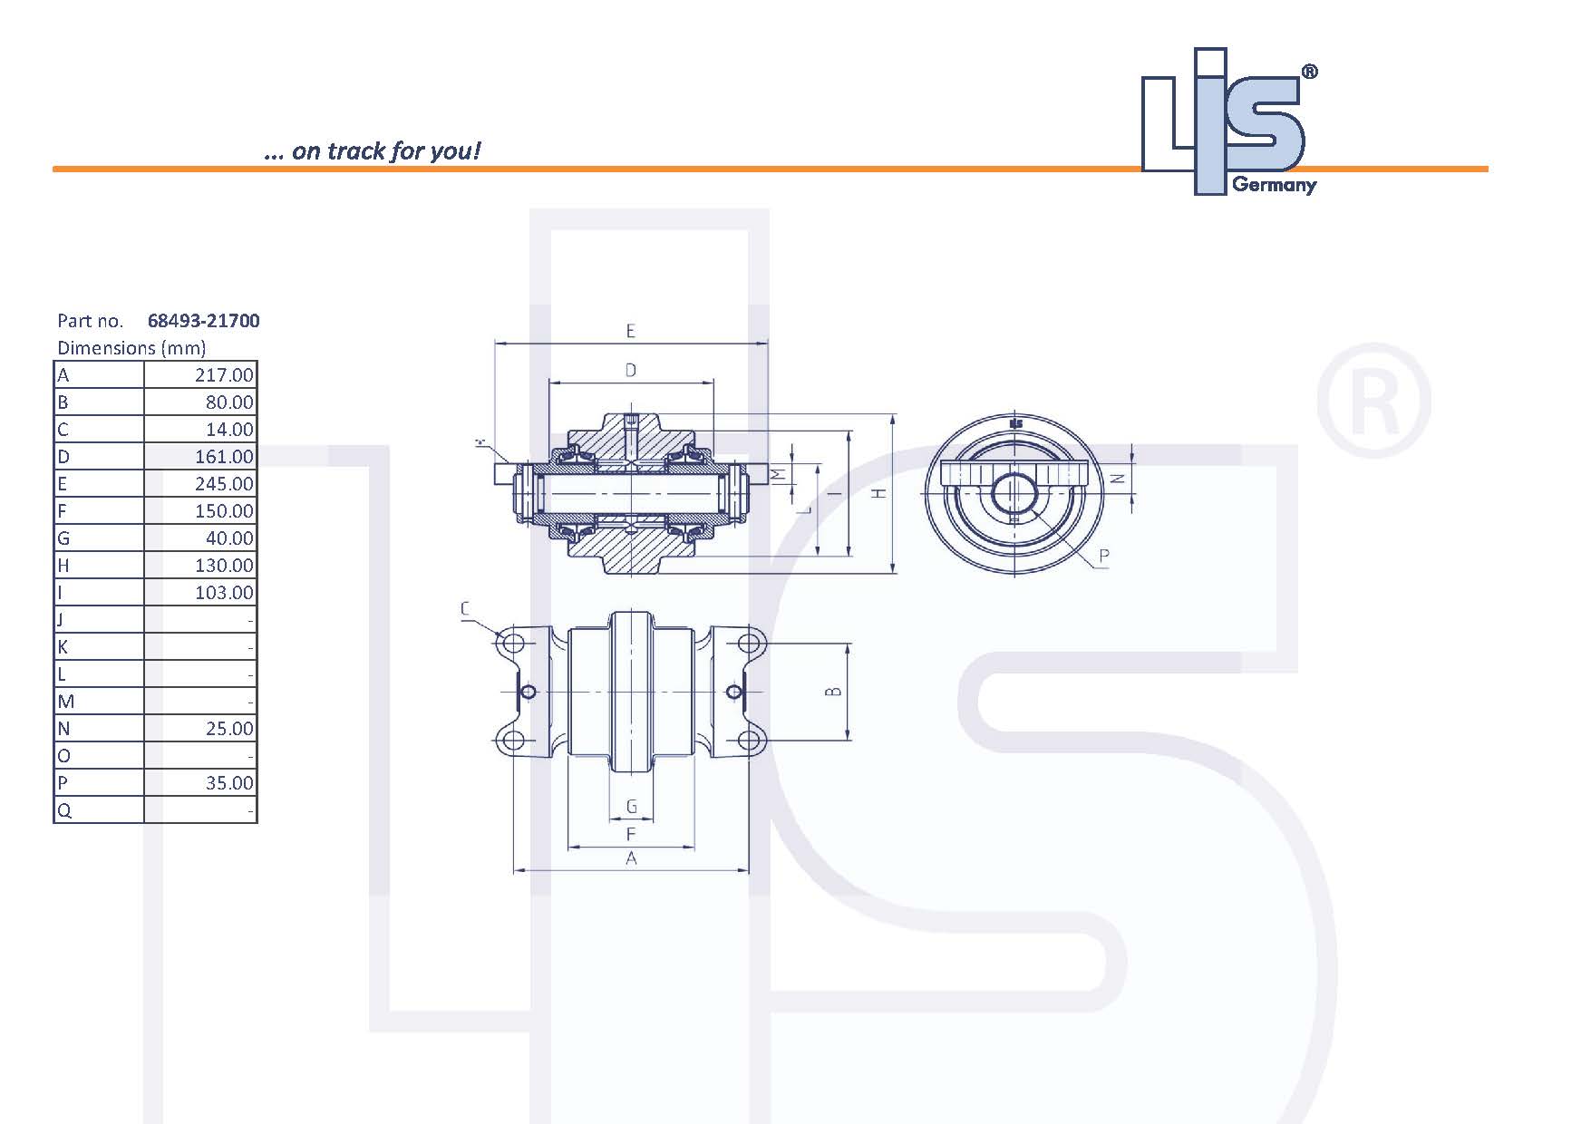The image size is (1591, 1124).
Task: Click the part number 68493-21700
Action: pyautogui.click(x=203, y=321)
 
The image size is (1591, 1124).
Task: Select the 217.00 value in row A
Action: pyautogui.click(x=224, y=375)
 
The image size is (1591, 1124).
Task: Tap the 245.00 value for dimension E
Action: pyautogui.click(x=224, y=484)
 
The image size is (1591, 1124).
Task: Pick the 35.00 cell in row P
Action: pyautogui.click(x=229, y=783)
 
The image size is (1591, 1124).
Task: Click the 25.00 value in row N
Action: pyautogui.click(x=229, y=729)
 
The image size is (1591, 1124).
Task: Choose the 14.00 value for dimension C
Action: pyautogui.click(x=229, y=430)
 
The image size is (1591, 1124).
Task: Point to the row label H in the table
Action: pyautogui.click(x=63, y=566)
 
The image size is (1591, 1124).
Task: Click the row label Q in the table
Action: pyautogui.click(x=63, y=810)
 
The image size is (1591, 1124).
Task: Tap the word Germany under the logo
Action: pyautogui.click(x=1274, y=185)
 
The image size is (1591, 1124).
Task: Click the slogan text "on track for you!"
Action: pyautogui.click(x=385, y=150)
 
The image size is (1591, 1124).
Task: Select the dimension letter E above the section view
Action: pyautogui.click(x=631, y=332)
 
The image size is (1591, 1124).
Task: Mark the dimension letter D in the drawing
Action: pyautogui.click(x=631, y=370)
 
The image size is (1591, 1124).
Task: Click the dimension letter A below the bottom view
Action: pyautogui.click(x=631, y=858)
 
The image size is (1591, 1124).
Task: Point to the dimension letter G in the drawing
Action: pyautogui.click(x=632, y=807)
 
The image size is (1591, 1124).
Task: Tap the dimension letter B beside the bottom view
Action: pyautogui.click(x=834, y=692)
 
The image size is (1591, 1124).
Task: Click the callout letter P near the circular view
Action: pyautogui.click(x=1103, y=556)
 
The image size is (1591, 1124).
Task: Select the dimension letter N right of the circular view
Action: pyautogui.click(x=1120, y=478)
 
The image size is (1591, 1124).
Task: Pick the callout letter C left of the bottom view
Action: pyautogui.click(x=466, y=609)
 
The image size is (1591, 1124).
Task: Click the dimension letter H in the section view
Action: pyautogui.click(x=878, y=493)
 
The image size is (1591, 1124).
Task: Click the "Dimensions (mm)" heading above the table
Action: pyautogui.click(x=131, y=348)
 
